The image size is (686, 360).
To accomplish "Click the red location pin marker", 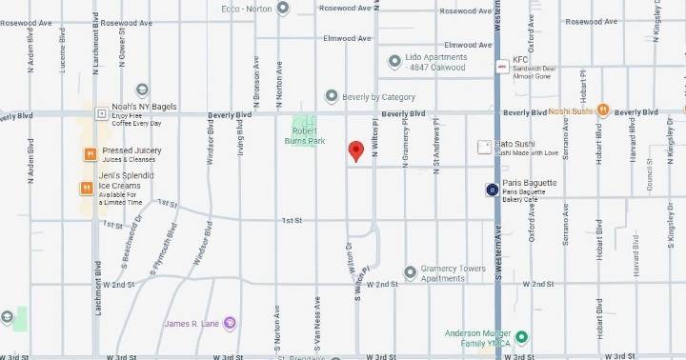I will click(x=355, y=151).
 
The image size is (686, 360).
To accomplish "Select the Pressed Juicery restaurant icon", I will click(x=88, y=154).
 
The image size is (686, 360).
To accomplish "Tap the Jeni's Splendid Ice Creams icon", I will click(x=88, y=188).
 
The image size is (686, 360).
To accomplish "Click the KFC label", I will click(x=520, y=58).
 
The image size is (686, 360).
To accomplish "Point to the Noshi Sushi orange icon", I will click(x=602, y=110).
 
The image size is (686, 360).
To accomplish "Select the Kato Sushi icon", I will click(x=483, y=148).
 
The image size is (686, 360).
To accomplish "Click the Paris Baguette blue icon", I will click(x=492, y=190).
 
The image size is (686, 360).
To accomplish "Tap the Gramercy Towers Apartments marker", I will click(x=411, y=272).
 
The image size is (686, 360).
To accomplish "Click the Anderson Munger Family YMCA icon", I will click(x=522, y=337).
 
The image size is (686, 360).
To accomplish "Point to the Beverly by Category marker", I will click(x=332, y=96).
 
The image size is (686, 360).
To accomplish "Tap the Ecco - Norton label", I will click(x=248, y=9).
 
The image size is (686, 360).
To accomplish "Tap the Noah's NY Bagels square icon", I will click(x=101, y=112).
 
